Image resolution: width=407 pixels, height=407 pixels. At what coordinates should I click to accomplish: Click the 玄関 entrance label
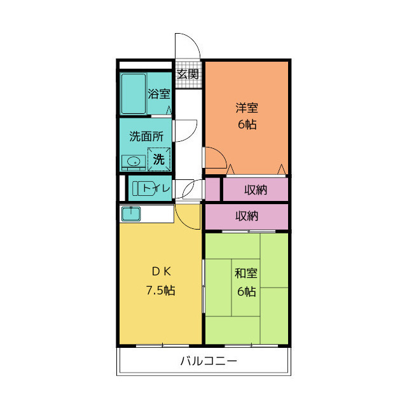[188, 74]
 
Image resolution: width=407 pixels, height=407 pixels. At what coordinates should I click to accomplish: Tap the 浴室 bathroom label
[159, 94]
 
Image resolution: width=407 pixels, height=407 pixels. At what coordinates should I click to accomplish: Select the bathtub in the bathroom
[134, 94]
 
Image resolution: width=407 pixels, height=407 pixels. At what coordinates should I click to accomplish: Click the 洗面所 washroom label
[146, 135]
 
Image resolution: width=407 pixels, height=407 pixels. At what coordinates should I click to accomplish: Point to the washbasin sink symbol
[134, 162]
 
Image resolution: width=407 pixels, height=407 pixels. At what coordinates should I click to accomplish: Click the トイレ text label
[156, 188]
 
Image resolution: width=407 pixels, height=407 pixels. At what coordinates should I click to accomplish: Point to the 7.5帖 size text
[160, 291]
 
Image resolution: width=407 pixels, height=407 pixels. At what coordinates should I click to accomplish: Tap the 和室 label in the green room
[246, 274]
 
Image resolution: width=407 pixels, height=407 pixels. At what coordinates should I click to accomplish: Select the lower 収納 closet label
[247, 216]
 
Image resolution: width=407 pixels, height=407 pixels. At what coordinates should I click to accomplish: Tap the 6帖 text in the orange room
[247, 125]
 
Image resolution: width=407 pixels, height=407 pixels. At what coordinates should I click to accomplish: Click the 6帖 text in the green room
[246, 292]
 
